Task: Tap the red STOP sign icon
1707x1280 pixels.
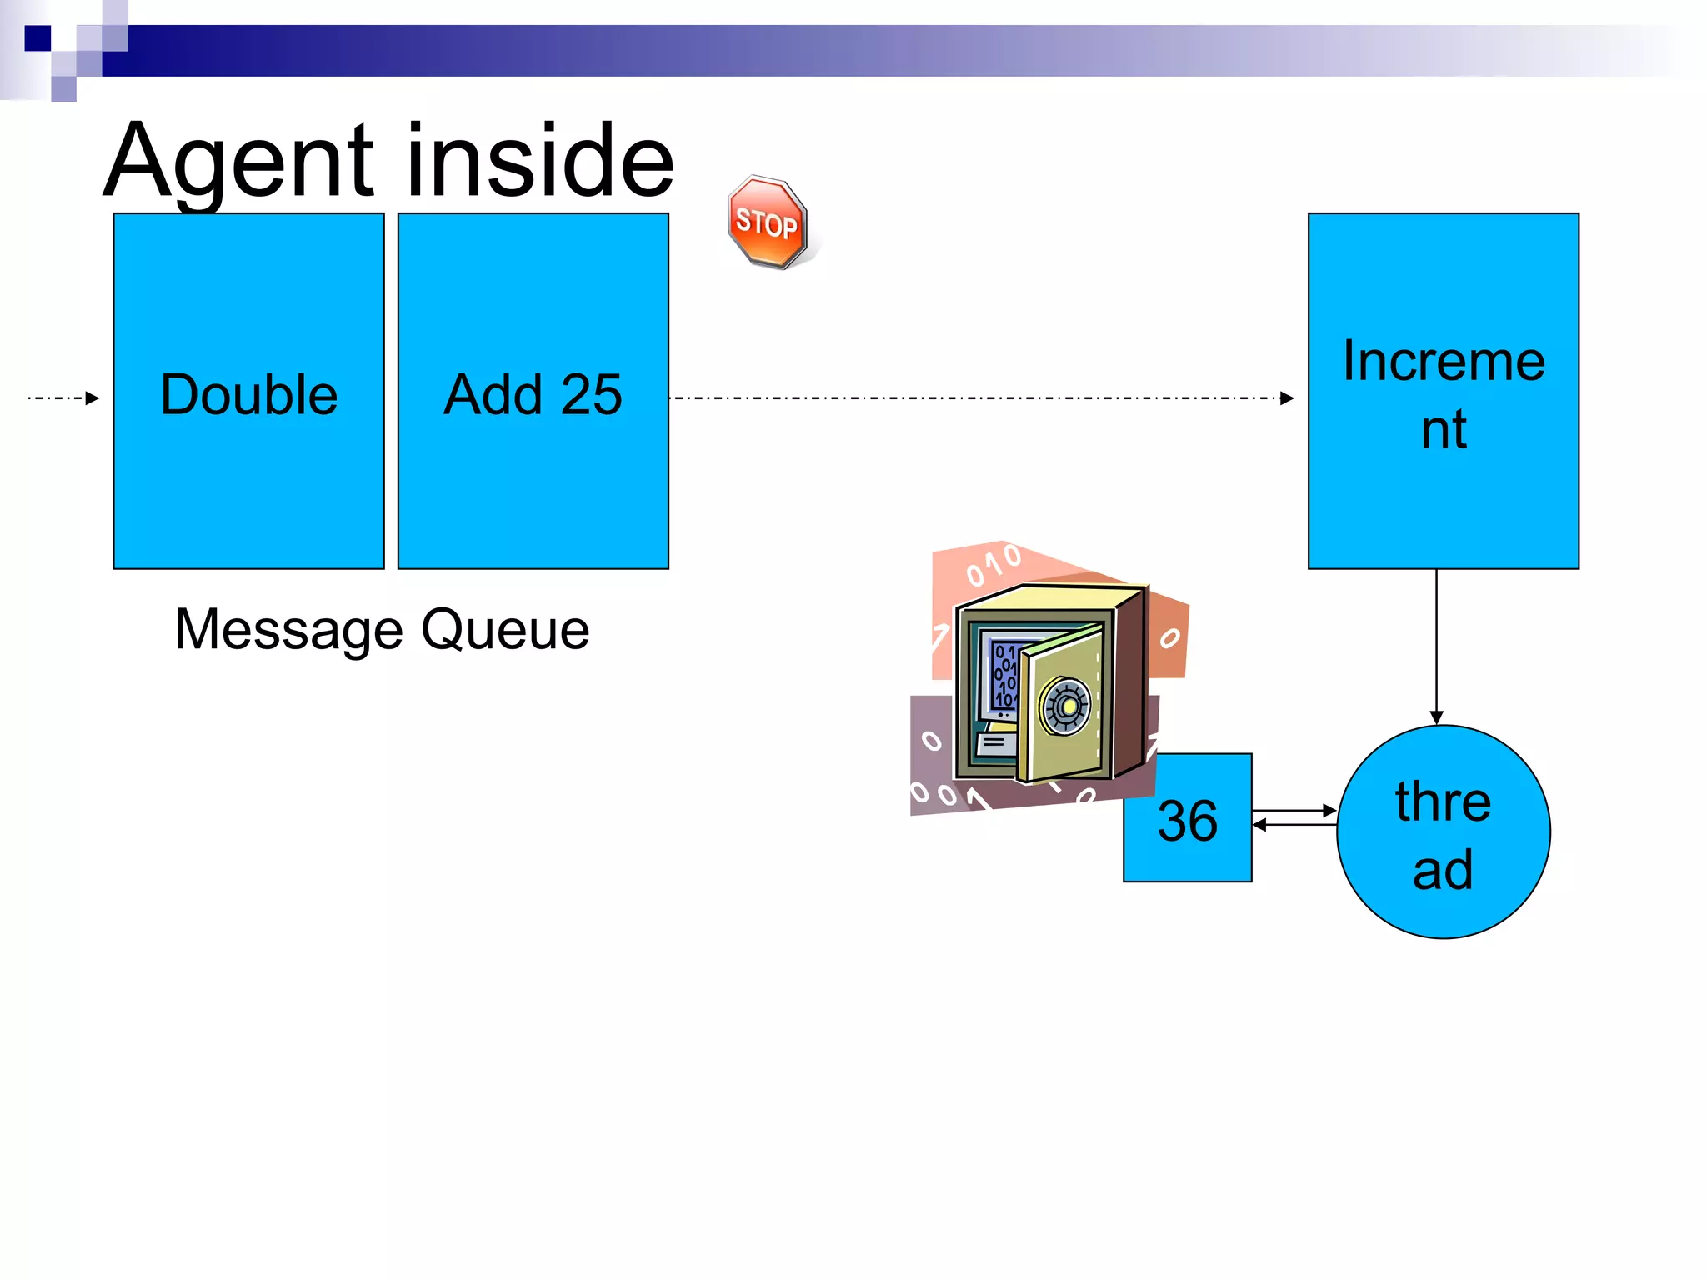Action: pyautogui.click(x=767, y=222)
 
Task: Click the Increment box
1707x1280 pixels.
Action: pyautogui.click(x=1443, y=500)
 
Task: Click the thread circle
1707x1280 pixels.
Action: pyautogui.click(x=1443, y=833)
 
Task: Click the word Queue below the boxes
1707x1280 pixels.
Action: pyautogui.click(x=505, y=630)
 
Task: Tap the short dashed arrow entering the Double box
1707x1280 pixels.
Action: pyautogui.click(x=63, y=398)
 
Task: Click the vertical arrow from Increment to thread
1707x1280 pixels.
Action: pyautogui.click(x=1436, y=646)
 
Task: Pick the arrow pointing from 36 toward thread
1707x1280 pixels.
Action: pyautogui.click(x=1294, y=810)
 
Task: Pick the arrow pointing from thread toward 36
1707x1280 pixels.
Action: pyautogui.click(x=1294, y=825)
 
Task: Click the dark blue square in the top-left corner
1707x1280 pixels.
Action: pyautogui.click(x=38, y=38)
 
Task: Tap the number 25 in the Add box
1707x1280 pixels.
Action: pyautogui.click(x=592, y=394)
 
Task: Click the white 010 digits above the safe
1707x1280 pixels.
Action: pyautogui.click(x=994, y=565)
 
